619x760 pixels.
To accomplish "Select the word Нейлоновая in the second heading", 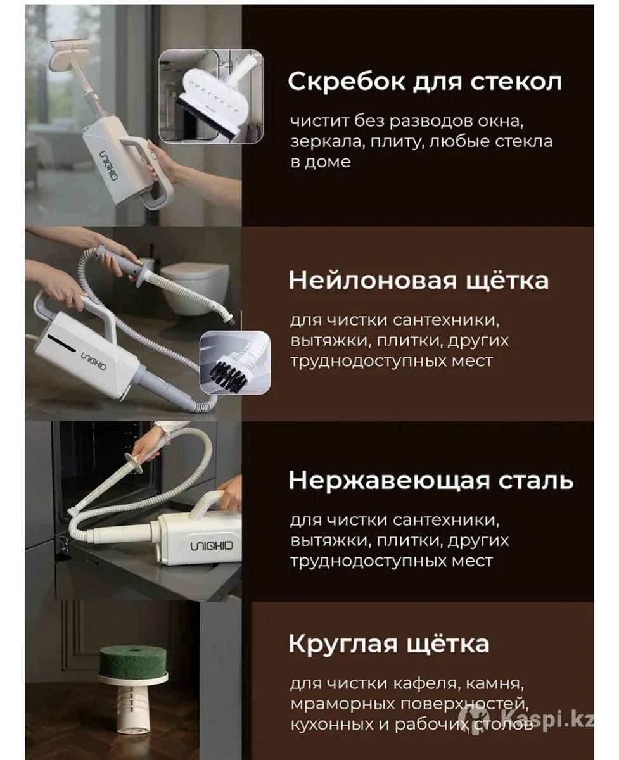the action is point(373,281).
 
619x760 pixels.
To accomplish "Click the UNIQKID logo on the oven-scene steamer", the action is point(212,546).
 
